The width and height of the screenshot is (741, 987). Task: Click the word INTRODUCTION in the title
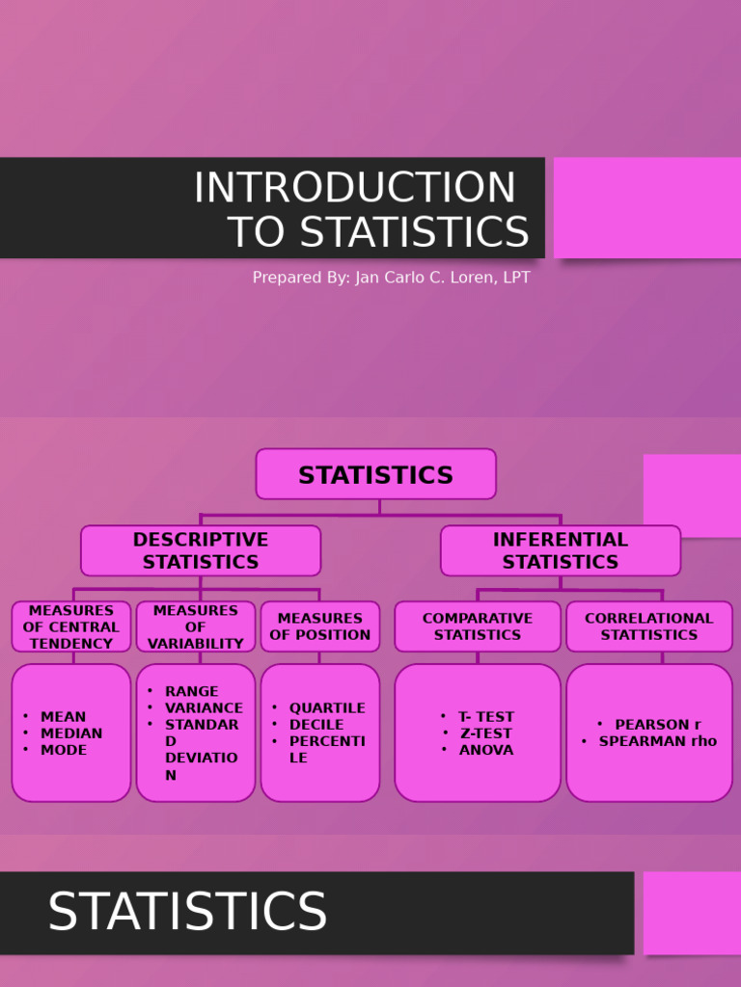[355, 188]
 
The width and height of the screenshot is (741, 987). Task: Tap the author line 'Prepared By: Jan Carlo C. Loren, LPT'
[391, 278]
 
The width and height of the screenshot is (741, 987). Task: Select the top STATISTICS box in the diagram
[375, 474]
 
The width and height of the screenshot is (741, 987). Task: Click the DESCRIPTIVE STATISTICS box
[201, 550]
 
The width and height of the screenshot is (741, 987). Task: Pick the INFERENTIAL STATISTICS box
[560, 550]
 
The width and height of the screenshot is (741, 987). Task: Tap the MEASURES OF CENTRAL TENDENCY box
[71, 627]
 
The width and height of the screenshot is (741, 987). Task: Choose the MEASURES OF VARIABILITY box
[196, 627]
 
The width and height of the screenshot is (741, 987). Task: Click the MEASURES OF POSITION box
[320, 627]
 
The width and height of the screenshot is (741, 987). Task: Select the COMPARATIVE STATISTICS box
[478, 627]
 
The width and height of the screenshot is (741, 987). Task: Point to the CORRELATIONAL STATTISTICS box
[648, 627]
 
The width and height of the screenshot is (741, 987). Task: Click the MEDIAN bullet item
[71, 734]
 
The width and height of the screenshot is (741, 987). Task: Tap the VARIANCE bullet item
[204, 707]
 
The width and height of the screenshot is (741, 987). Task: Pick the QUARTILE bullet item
[327, 708]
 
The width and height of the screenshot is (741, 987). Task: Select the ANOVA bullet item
[486, 750]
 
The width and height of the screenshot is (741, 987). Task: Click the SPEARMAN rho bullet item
[657, 741]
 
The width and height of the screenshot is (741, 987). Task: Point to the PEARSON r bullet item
[658, 725]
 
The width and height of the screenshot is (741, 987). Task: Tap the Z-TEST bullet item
[485, 734]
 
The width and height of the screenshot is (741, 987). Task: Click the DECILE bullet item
[316, 725]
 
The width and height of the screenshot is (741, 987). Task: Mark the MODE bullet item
[64, 750]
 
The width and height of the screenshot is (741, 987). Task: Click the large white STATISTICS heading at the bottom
[187, 912]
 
